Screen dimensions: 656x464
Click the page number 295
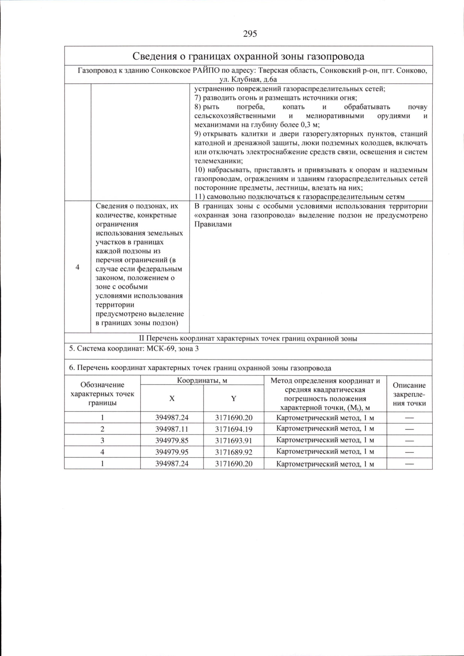250,34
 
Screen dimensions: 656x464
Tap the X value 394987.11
172,429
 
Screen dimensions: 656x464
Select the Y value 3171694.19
234,429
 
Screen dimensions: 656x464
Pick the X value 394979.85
172,440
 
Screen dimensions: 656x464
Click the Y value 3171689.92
234,452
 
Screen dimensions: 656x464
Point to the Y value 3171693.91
234,440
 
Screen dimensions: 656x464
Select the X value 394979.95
172,452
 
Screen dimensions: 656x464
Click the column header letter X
172,399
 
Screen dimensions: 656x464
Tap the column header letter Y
234,399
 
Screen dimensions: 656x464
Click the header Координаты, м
202,380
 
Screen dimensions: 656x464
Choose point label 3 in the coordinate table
102,440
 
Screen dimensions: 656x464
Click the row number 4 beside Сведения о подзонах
77,267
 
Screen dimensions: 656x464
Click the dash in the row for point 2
409,429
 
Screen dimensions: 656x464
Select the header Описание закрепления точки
409,394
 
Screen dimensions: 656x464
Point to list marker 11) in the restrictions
200,197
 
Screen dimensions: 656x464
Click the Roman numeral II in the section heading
141,339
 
